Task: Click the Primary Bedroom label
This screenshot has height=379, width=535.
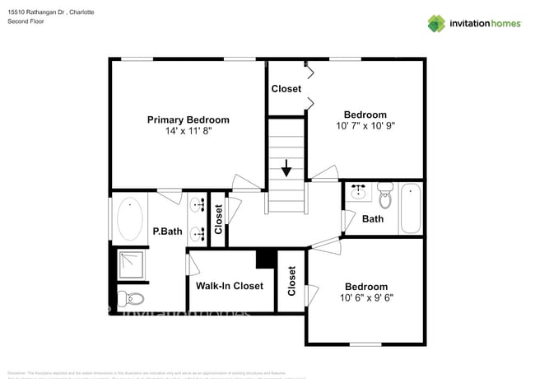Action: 188,119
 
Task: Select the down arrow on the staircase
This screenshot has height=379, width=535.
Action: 286,170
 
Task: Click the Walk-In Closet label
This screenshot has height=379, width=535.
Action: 230,286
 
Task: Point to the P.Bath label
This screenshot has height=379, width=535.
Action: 167,232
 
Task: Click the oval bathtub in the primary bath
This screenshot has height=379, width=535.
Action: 130,218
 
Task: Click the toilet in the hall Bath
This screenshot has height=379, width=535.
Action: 384,196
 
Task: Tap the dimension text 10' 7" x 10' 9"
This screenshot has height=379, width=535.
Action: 365,126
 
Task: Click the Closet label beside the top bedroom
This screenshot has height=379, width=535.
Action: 286,88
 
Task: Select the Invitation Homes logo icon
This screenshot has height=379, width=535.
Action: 435,23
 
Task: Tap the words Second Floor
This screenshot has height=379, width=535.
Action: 26,22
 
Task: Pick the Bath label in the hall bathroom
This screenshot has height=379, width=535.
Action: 373,219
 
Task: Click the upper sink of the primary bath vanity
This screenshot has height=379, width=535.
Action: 198,204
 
